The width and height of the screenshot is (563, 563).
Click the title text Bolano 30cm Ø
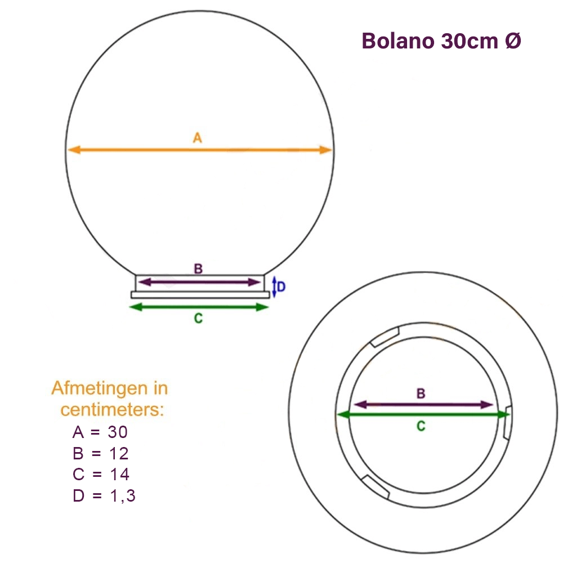click(441, 41)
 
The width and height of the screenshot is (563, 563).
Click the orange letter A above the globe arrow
click(196, 137)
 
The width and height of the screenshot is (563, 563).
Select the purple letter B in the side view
click(198, 269)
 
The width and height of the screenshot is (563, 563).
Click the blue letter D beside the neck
click(281, 287)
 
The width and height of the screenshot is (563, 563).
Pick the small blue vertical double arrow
click(274, 287)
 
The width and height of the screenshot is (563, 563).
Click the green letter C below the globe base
click(198, 318)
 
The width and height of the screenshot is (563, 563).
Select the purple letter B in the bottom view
click(421, 394)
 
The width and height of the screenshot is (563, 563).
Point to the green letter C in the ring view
click(421, 426)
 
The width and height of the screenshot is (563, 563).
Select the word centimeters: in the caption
click(113, 409)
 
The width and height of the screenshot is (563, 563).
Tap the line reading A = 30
click(102, 432)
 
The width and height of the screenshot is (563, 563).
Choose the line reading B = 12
click(102, 453)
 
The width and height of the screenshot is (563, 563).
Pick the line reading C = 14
click(102, 474)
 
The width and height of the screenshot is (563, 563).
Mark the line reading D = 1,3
click(104, 495)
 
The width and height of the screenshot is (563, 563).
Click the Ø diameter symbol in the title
click(512, 41)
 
